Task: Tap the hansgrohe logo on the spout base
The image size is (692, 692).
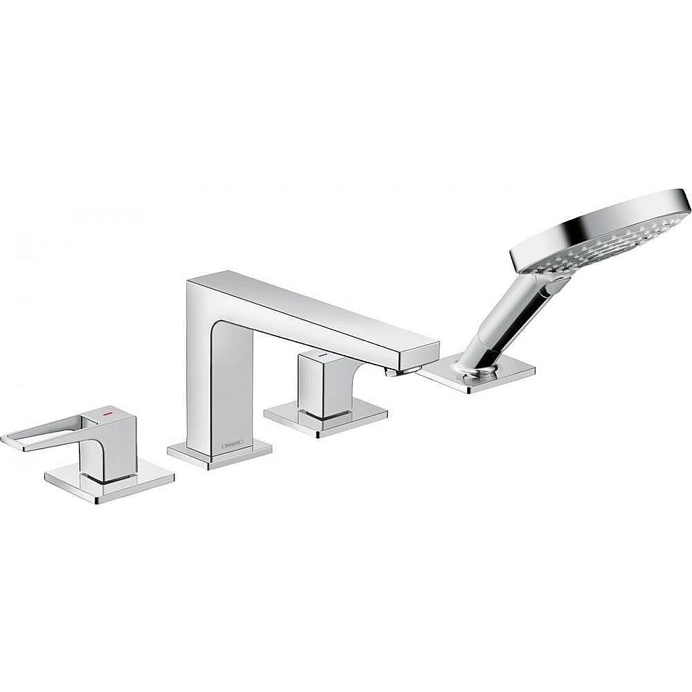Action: (x=233, y=444)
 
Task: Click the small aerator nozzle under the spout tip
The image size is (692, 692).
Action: (x=391, y=373)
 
